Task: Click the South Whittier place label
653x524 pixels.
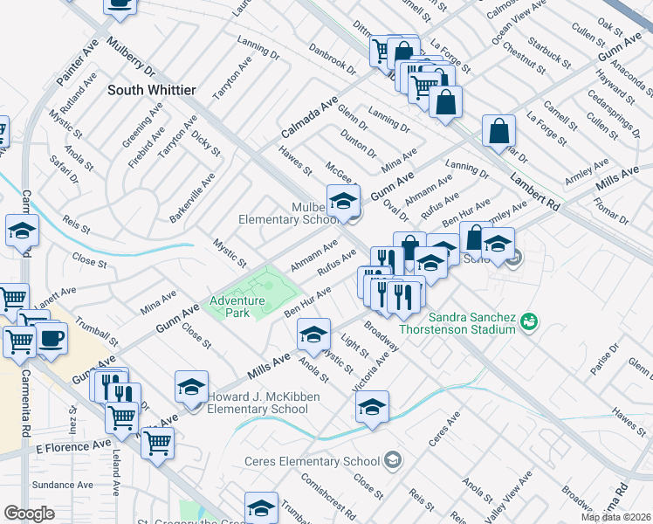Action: click(x=152, y=90)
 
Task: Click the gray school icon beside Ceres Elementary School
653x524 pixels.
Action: click(x=393, y=460)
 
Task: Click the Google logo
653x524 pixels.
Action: click(x=28, y=514)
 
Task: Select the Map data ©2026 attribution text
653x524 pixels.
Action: click(x=615, y=517)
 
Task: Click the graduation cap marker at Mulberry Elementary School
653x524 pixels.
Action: click(x=343, y=200)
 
